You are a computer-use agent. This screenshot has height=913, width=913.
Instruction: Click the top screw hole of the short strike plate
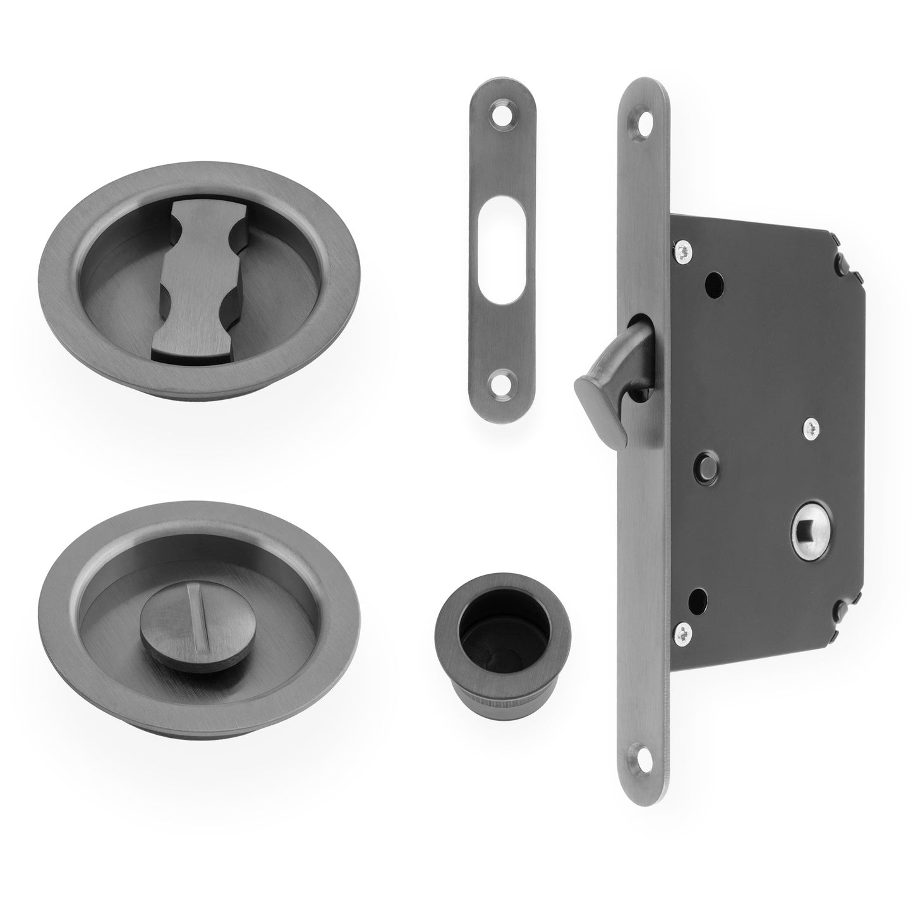pos(503,116)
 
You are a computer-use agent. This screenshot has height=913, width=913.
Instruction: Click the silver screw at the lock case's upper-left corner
pos(683,252)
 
